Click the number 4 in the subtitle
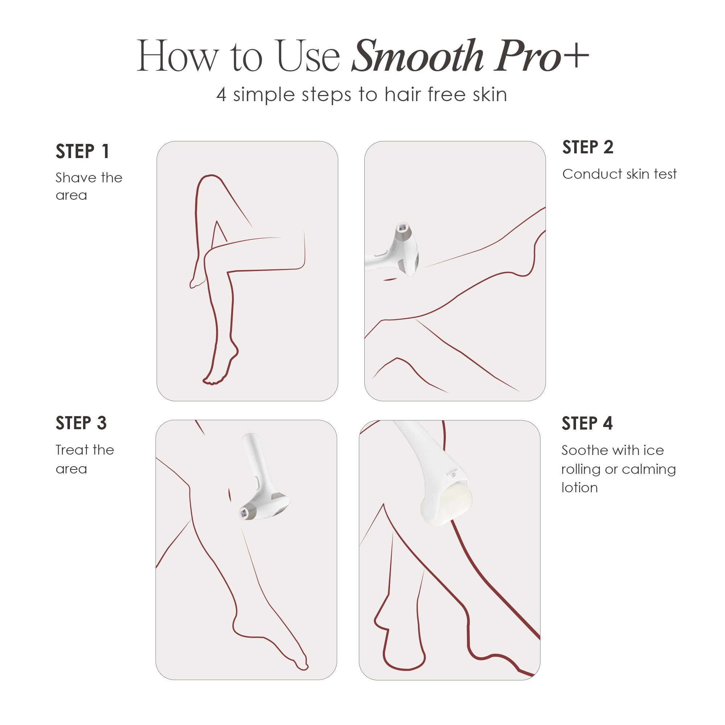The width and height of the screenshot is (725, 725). [221, 95]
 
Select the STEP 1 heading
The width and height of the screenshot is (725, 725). [82, 152]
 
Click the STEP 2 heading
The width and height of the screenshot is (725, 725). [588, 147]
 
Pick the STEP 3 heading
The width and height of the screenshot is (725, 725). [81, 423]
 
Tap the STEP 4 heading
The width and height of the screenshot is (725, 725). [587, 423]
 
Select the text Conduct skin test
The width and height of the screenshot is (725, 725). [619, 174]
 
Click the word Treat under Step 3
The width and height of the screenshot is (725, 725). [71, 449]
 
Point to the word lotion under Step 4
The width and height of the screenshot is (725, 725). [579, 488]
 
